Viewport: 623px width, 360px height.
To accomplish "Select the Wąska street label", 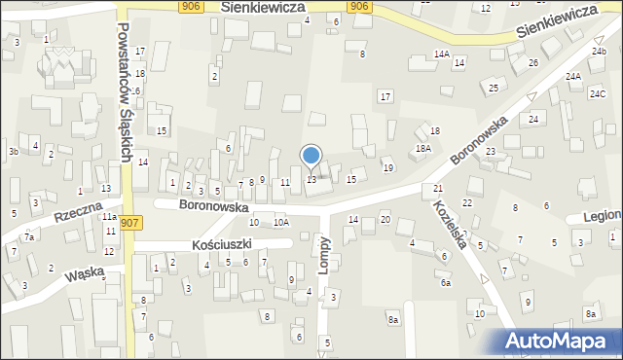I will coord(85,274).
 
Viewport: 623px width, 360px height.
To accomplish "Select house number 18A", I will coord(422,148).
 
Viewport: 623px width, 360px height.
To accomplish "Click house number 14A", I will coord(442,54).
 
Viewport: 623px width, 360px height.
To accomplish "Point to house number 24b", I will coord(598,50).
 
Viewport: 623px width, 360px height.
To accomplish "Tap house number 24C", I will coord(597,94).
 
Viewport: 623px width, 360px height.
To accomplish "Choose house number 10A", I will coord(281,223).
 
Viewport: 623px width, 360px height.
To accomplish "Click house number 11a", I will coord(111,218).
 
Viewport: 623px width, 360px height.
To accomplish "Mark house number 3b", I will coord(13,152).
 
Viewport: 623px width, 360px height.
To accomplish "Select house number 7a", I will coord(29,237).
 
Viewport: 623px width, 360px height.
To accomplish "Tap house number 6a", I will coord(446,283).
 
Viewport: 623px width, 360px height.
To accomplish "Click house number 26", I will coord(532,63).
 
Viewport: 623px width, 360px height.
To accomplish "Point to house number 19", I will coord(387,168).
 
